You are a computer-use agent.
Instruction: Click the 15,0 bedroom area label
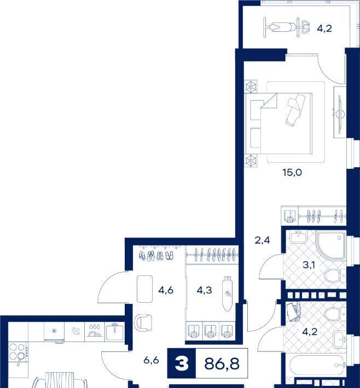pos(292,173)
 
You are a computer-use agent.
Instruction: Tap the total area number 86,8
pos(222,363)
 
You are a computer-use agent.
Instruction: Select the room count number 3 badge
pos(182,363)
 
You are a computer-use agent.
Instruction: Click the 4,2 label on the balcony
pos(324,29)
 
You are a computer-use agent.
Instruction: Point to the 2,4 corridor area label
pos(263,240)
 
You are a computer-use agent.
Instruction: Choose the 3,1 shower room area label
pos(309,265)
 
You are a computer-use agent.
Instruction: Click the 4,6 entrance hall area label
pos(166,290)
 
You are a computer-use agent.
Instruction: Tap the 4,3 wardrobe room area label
pos(205,290)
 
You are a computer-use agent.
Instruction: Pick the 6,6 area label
pos(151,360)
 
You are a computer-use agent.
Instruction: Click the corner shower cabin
pos(331,245)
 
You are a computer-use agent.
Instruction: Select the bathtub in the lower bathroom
pos(318,365)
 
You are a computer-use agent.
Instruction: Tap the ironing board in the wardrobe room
pos(227,293)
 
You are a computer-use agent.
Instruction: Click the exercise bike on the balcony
pos(287,27)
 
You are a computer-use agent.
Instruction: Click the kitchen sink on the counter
pos(114,332)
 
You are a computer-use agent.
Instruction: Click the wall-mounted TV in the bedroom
pos(340,112)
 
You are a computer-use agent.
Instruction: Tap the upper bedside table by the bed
pos(251,86)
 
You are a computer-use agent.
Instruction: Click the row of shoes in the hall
pos(156,256)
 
